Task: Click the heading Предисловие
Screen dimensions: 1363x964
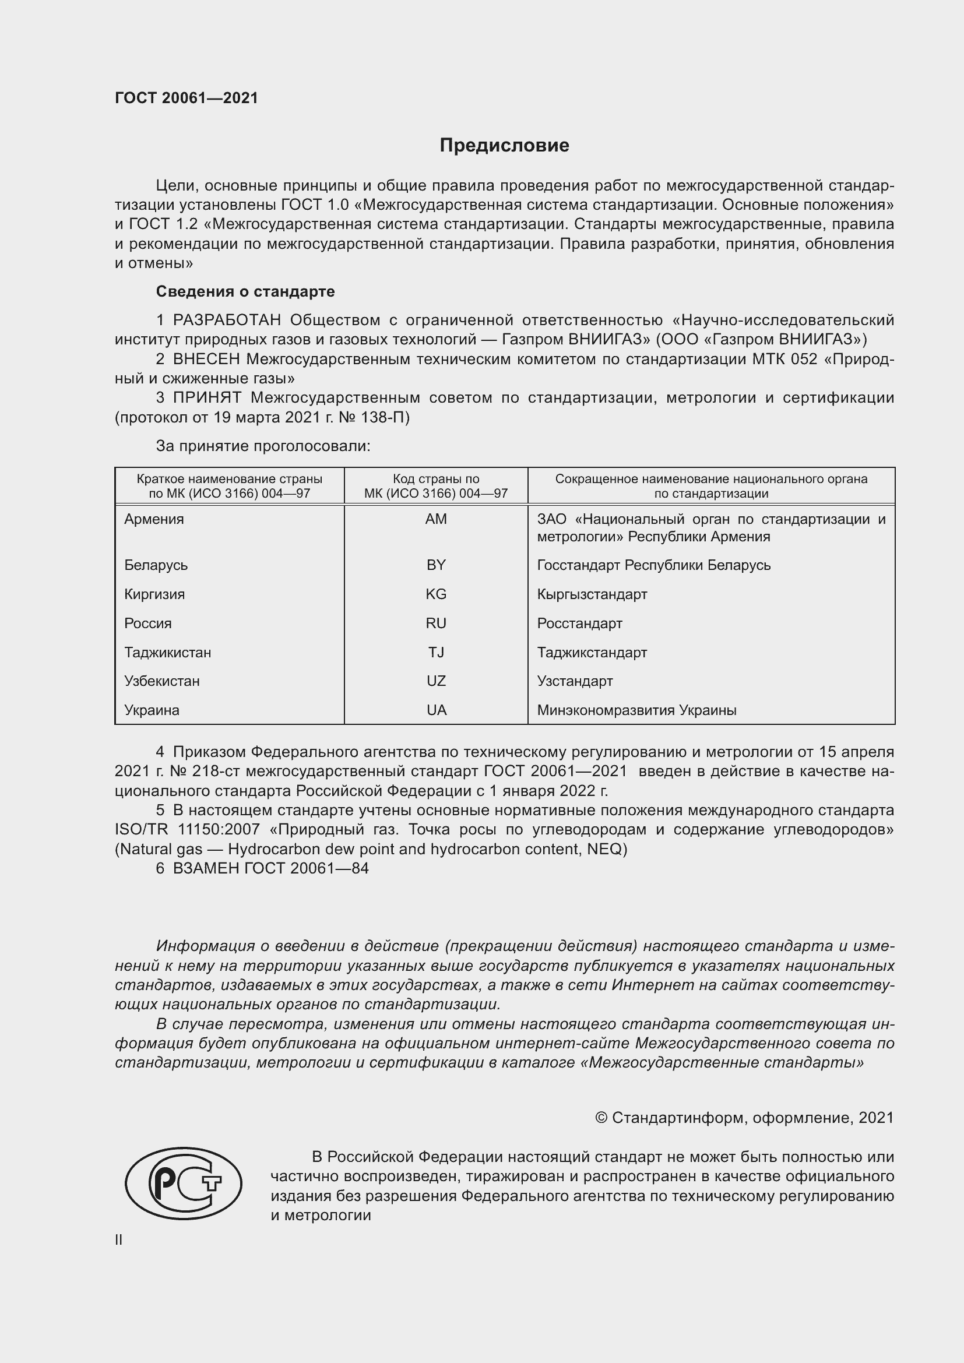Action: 504,146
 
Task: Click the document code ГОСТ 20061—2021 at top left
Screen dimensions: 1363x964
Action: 187,98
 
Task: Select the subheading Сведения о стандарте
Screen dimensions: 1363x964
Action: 245,291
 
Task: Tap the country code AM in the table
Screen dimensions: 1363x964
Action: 436,519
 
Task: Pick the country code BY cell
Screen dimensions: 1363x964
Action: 436,565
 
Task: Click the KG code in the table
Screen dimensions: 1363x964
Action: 436,594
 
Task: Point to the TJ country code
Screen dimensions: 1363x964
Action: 436,653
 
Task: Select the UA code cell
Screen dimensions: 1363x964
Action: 436,710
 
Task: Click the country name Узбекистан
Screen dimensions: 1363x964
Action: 161,681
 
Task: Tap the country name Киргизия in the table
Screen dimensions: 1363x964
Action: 154,594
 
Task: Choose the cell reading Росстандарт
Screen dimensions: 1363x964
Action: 579,624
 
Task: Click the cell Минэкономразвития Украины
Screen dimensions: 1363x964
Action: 636,710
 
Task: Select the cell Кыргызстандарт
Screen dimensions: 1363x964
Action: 592,594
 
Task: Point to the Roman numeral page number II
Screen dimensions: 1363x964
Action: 119,1240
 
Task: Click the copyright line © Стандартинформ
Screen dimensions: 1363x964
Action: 744,1118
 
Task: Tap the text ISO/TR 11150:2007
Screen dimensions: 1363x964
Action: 187,830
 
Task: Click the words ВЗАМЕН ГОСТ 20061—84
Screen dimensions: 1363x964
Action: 270,868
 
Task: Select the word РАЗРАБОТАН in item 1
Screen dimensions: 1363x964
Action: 226,321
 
